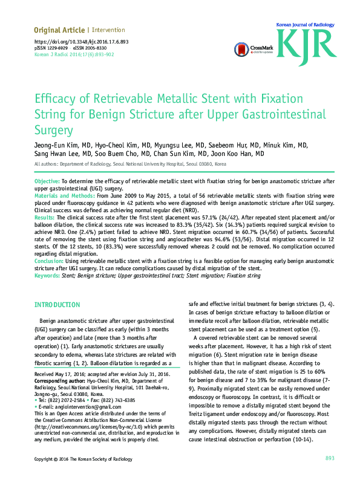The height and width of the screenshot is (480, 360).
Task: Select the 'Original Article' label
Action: [59, 30]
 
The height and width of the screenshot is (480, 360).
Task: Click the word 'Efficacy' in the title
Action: [55, 100]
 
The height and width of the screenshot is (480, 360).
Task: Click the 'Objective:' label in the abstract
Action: [47, 181]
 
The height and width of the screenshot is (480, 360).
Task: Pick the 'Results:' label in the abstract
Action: [45, 216]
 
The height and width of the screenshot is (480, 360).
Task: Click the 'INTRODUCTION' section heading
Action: [57, 305]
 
